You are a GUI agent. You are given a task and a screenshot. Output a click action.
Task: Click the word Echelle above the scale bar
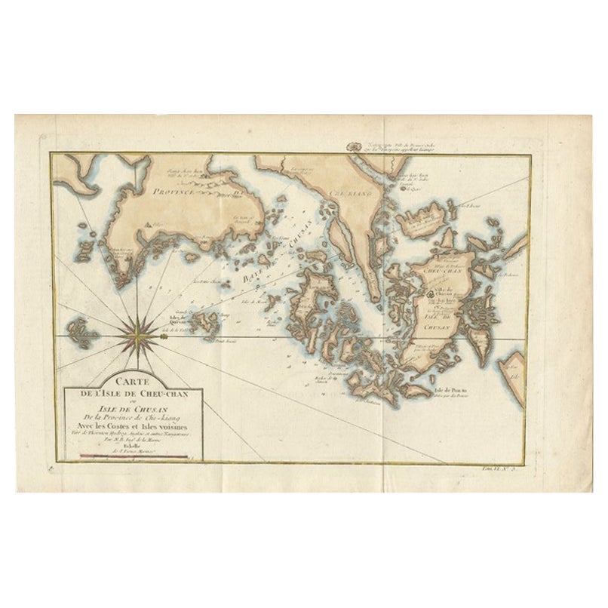pos(124,441)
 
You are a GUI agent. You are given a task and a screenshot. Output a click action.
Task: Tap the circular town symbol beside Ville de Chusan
pos(427,295)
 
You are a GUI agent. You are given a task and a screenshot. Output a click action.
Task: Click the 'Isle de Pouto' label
pos(448,389)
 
